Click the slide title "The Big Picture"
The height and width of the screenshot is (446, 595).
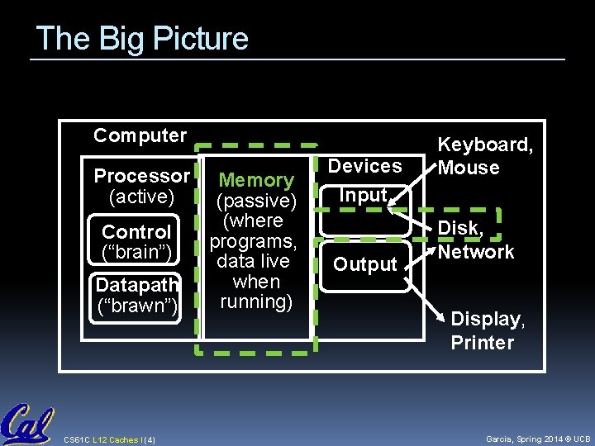(x=142, y=39)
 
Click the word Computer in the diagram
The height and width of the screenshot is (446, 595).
(x=140, y=135)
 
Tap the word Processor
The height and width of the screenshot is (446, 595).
(x=141, y=176)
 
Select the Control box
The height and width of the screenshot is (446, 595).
(x=136, y=240)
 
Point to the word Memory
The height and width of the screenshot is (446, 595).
(x=256, y=180)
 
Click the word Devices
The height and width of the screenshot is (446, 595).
(x=364, y=166)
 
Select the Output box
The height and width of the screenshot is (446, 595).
(x=365, y=265)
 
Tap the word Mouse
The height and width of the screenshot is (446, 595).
(x=469, y=168)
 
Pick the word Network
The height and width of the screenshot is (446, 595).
(x=476, y=252)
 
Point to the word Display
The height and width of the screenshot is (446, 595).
(x=486, y=320)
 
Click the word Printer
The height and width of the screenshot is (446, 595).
(x=483, y=342)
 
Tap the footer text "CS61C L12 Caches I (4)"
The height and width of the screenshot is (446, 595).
(x=103, y=439)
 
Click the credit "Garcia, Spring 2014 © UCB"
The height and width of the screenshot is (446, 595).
(x=537, y=439)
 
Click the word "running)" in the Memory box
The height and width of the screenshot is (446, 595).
(x=256, y=302)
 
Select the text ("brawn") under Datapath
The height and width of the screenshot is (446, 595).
(x=136, y=307)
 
